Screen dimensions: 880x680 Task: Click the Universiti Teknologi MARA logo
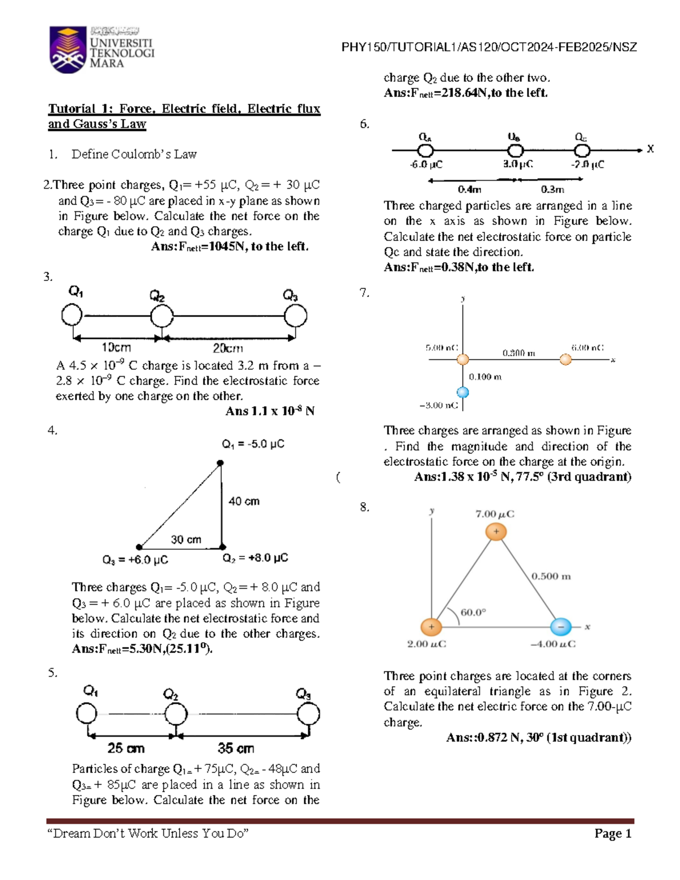coord(102,49)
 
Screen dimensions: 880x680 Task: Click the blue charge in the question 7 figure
coord(463,392)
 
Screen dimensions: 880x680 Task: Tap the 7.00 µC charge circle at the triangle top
coord(496,532)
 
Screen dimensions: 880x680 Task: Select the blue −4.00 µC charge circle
coord(560,627)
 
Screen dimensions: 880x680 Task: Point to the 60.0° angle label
coord(474,613)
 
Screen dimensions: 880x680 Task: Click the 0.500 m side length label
coord(551,576)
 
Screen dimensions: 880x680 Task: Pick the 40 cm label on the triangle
coord(244,501)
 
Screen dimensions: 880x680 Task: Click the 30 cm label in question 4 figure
coord(186,539)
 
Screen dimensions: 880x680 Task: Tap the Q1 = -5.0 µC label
coord(253,444)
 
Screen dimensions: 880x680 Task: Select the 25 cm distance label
coord(126,748)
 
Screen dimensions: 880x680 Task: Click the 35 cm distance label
coord(236,748)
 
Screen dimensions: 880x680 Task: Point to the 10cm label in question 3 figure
coord(116,347)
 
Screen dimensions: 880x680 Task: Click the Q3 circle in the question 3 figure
coord(295,316)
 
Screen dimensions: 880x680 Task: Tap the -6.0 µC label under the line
coord(426,164)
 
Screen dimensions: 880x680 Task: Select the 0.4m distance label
coord(470,189)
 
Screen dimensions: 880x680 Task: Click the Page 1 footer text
coord(613,834)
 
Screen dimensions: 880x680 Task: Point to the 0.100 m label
coord(485,377)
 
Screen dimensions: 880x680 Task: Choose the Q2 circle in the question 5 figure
coord(176,714)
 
